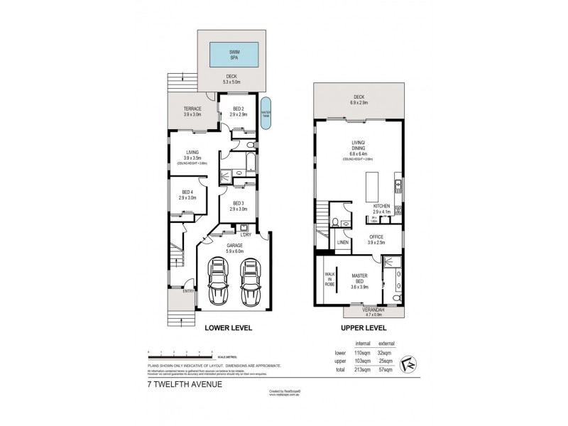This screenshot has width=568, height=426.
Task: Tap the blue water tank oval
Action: click(x=266, y=113)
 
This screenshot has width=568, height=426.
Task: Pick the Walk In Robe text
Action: click(x=329, y=278)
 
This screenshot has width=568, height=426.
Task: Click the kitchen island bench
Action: click(x=371, y=186)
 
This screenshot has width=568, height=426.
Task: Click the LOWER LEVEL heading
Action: click(x=229, y=329)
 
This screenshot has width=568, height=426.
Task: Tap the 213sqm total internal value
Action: click(x=363, y=370)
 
